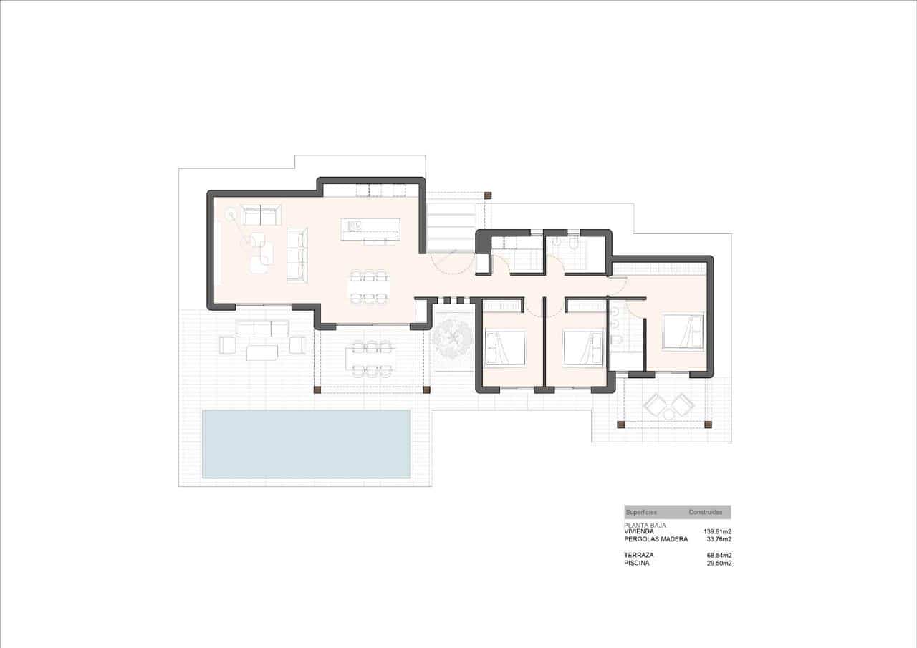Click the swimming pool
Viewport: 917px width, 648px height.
307,444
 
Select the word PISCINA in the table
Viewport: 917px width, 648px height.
638,564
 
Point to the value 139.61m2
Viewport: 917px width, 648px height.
717,531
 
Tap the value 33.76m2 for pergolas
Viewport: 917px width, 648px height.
719,539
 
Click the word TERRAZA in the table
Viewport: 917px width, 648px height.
639,555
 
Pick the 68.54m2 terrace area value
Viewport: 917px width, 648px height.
719,555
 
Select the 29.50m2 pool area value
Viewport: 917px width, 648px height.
719,564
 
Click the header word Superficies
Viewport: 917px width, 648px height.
641,512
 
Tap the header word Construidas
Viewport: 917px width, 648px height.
705,512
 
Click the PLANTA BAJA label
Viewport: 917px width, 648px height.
646,525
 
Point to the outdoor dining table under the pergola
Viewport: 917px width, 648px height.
370,358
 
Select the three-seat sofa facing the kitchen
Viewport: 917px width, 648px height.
297,255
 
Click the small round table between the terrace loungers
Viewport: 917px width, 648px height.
668,413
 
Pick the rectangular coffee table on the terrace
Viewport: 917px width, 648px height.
261,352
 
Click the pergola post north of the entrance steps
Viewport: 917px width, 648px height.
488,195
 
